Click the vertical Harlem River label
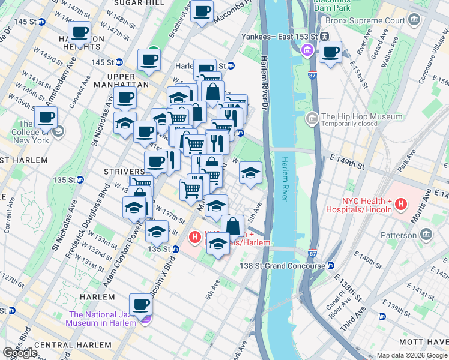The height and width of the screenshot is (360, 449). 286,179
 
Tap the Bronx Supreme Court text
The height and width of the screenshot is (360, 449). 365,20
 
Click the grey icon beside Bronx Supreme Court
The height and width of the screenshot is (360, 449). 414,20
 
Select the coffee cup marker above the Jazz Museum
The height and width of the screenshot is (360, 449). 140,305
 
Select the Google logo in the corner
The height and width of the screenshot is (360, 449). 20,352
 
